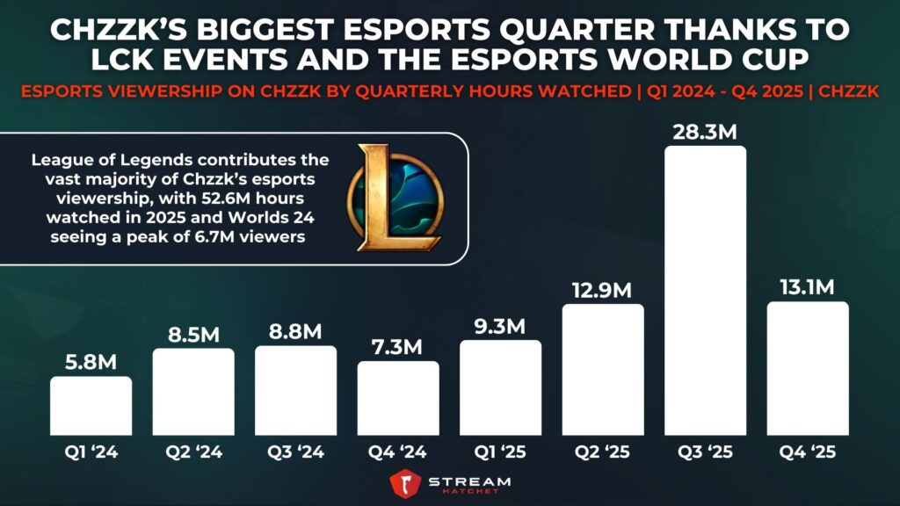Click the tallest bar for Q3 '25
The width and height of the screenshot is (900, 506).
(706, 291)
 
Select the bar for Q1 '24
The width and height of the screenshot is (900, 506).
(91, 407)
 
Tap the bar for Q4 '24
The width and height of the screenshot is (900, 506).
(398, 399)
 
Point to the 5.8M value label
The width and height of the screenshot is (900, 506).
(91, 361)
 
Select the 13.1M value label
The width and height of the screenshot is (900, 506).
(808, 287)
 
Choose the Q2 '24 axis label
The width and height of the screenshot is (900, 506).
(193, 454)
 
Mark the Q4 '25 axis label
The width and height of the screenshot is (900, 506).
(808, 454)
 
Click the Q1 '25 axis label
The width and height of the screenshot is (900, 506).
(501, 454)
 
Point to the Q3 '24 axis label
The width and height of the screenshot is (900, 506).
(296, 454)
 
